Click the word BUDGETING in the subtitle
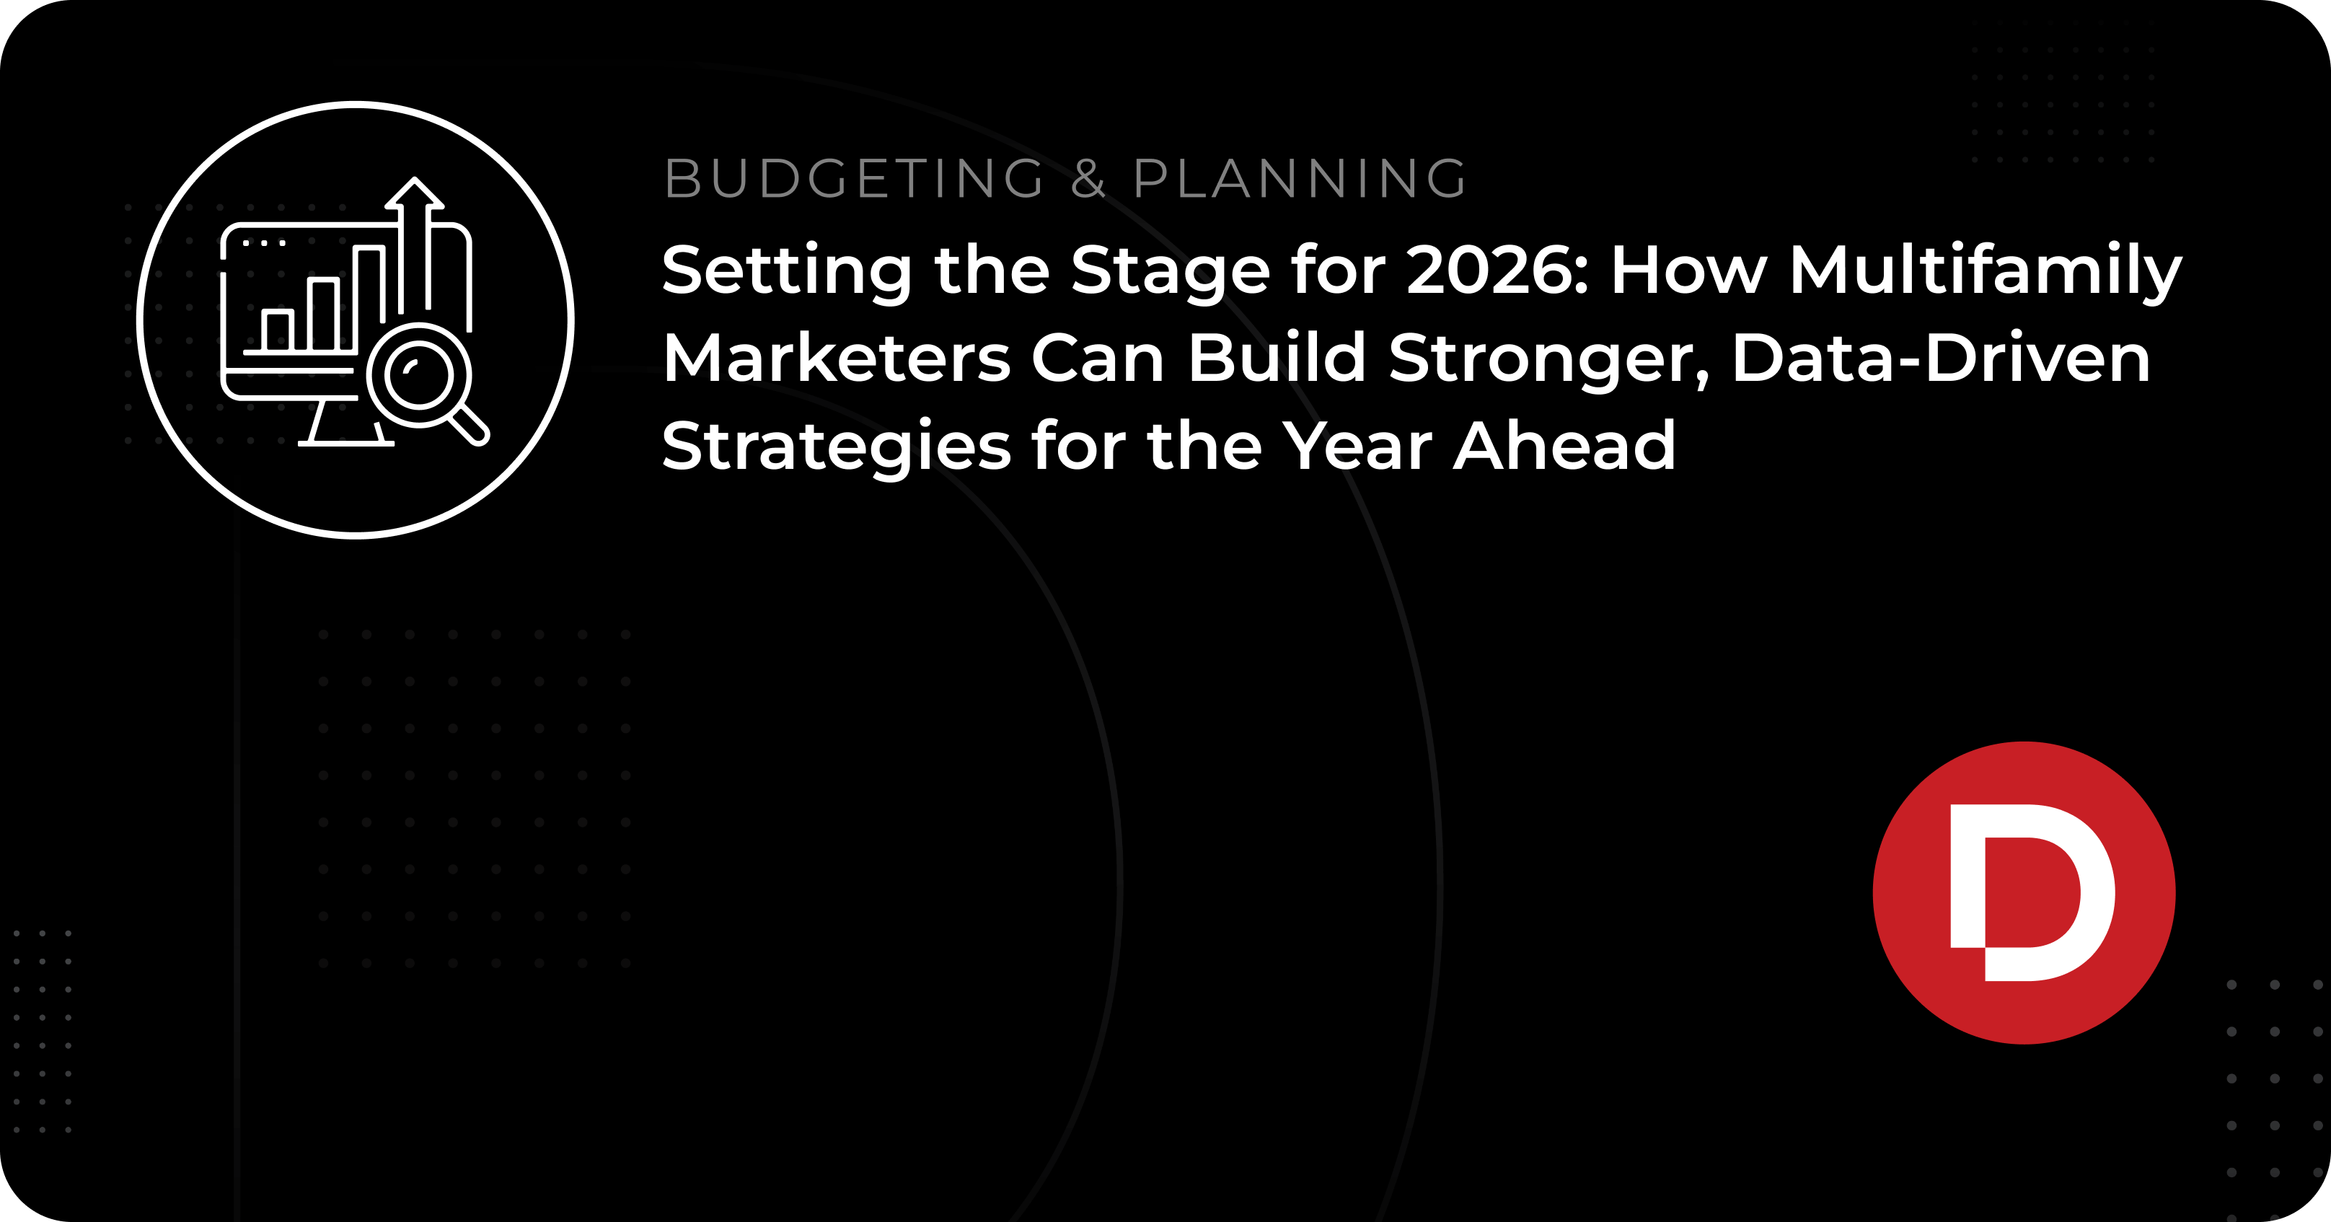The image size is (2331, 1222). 855,178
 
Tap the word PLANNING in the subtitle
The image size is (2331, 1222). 1300,178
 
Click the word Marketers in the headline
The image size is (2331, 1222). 836,359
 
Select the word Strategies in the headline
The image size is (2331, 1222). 836,447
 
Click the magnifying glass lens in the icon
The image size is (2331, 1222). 419,374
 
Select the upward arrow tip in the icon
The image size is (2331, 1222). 415,179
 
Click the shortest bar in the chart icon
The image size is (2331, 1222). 277,331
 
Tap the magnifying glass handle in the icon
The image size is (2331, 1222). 470,426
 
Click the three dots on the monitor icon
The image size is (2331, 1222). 264,242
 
